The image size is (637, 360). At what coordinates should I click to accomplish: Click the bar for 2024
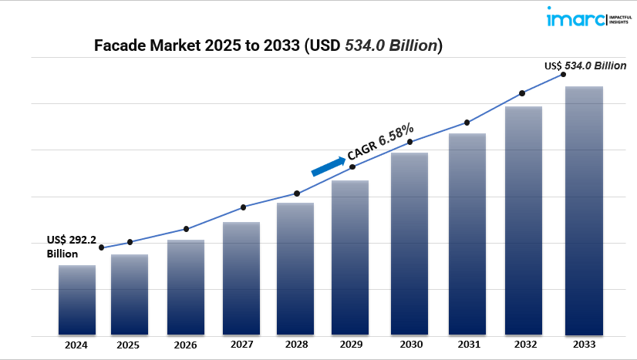click(x=77, y=301)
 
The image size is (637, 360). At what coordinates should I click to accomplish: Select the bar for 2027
click(x=241, y=279)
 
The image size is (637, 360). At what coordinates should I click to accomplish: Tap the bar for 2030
click(x=410, y=244)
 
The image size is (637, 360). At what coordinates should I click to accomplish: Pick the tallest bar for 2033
click(x=584, y=211)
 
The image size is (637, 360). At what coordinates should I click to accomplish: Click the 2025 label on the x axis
click(x=129, y=345)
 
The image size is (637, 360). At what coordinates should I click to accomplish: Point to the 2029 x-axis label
click(x=350, y=345)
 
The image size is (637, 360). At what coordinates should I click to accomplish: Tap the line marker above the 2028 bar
click(x=297, y=193)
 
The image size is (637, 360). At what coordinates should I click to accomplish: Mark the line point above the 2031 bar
click(x=467, y=123)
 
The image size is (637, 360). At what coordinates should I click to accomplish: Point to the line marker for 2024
click(x=102, y=248)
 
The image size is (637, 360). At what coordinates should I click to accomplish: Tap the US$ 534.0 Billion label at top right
click(x=585, y=66)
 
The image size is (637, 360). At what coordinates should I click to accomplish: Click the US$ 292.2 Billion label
click(x=70, y=247)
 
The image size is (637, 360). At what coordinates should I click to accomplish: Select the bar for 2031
click(x=467, y=234)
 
